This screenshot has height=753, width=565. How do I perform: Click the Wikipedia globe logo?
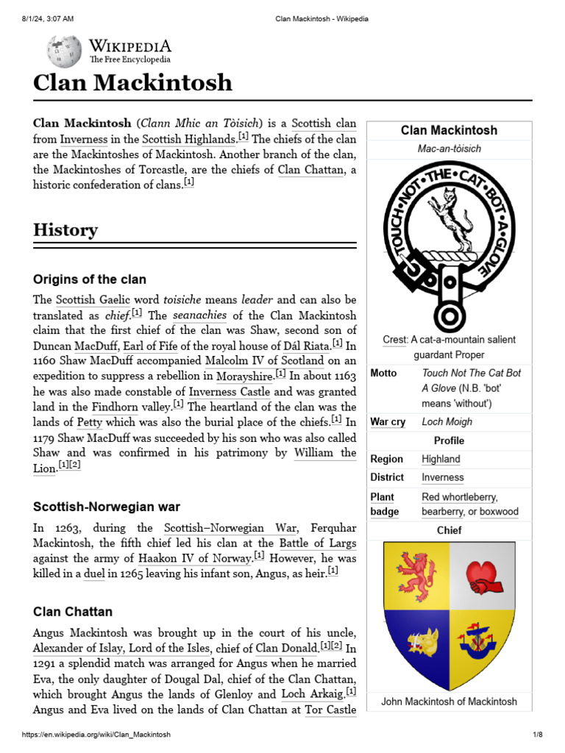pos(65,51)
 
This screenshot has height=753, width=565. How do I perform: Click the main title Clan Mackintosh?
pos(132,83)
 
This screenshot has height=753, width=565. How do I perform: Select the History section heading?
pos(65,229)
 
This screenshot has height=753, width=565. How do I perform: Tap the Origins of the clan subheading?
pos(90,279)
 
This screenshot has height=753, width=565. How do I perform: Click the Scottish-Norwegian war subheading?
pos(107,507)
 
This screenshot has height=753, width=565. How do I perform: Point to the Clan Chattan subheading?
pos(73,612)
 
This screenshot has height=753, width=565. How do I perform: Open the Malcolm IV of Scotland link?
pos(264,360)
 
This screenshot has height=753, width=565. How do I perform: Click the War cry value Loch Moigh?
pos(447,422)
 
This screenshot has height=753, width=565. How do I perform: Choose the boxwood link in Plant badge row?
pos(499,511)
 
